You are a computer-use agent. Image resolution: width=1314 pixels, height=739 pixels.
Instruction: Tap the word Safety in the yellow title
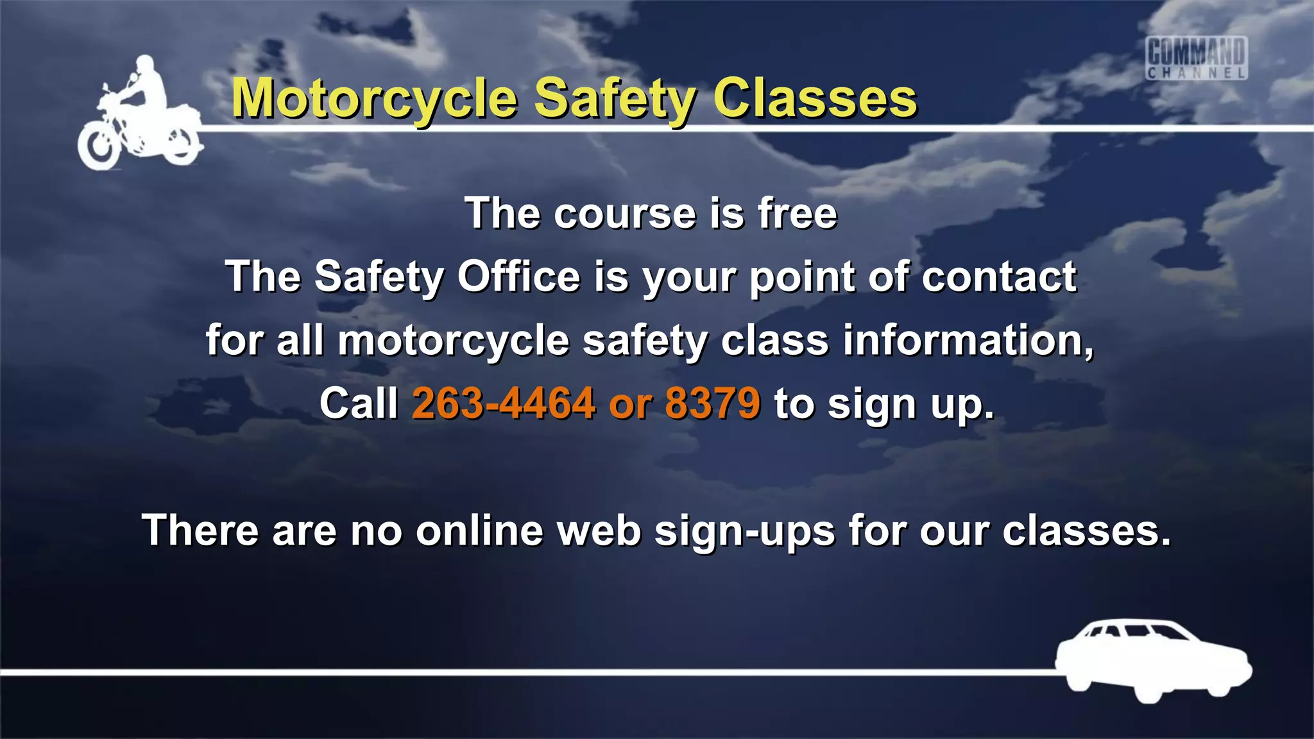point(615,99)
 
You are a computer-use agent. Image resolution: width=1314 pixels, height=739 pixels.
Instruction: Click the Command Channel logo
point(1196,58)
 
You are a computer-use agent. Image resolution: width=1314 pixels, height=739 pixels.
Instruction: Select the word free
point(797,213)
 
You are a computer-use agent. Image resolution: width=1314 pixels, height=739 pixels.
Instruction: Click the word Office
point(518,276)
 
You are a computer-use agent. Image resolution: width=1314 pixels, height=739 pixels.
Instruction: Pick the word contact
point(999,276)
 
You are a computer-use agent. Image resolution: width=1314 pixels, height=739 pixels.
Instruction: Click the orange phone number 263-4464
point(504,403)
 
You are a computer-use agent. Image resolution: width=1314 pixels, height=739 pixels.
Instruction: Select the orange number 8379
point(712,403)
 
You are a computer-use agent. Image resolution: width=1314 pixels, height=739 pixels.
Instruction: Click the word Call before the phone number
point(359,403)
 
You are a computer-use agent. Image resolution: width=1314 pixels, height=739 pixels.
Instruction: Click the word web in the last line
point(599,531)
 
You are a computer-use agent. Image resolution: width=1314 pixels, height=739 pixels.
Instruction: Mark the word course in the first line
point(625,214)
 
